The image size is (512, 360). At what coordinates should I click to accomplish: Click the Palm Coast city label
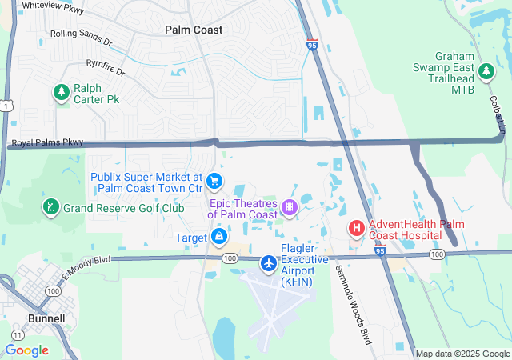(194, 30)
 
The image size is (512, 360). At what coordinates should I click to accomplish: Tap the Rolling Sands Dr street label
(81, 36)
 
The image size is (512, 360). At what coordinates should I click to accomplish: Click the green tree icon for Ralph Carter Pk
(62, 93)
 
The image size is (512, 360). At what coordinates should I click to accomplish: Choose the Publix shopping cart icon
(214, 182)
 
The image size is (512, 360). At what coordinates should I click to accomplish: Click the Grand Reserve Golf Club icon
(51, 208)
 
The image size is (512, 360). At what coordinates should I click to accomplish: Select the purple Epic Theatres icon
(289, 208)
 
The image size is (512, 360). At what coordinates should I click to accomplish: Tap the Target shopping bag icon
(219, 237)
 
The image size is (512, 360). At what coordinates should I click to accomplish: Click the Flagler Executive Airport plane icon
(269, 262)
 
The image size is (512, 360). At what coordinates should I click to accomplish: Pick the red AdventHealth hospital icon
(356, 229)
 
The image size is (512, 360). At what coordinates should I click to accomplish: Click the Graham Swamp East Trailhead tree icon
(486, 72)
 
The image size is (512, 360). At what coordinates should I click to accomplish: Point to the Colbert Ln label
(497, 117)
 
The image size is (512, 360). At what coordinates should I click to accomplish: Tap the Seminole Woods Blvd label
(354, 304)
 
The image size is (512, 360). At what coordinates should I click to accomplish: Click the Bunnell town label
(45, 318)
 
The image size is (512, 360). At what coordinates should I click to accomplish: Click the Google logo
(27, 350)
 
